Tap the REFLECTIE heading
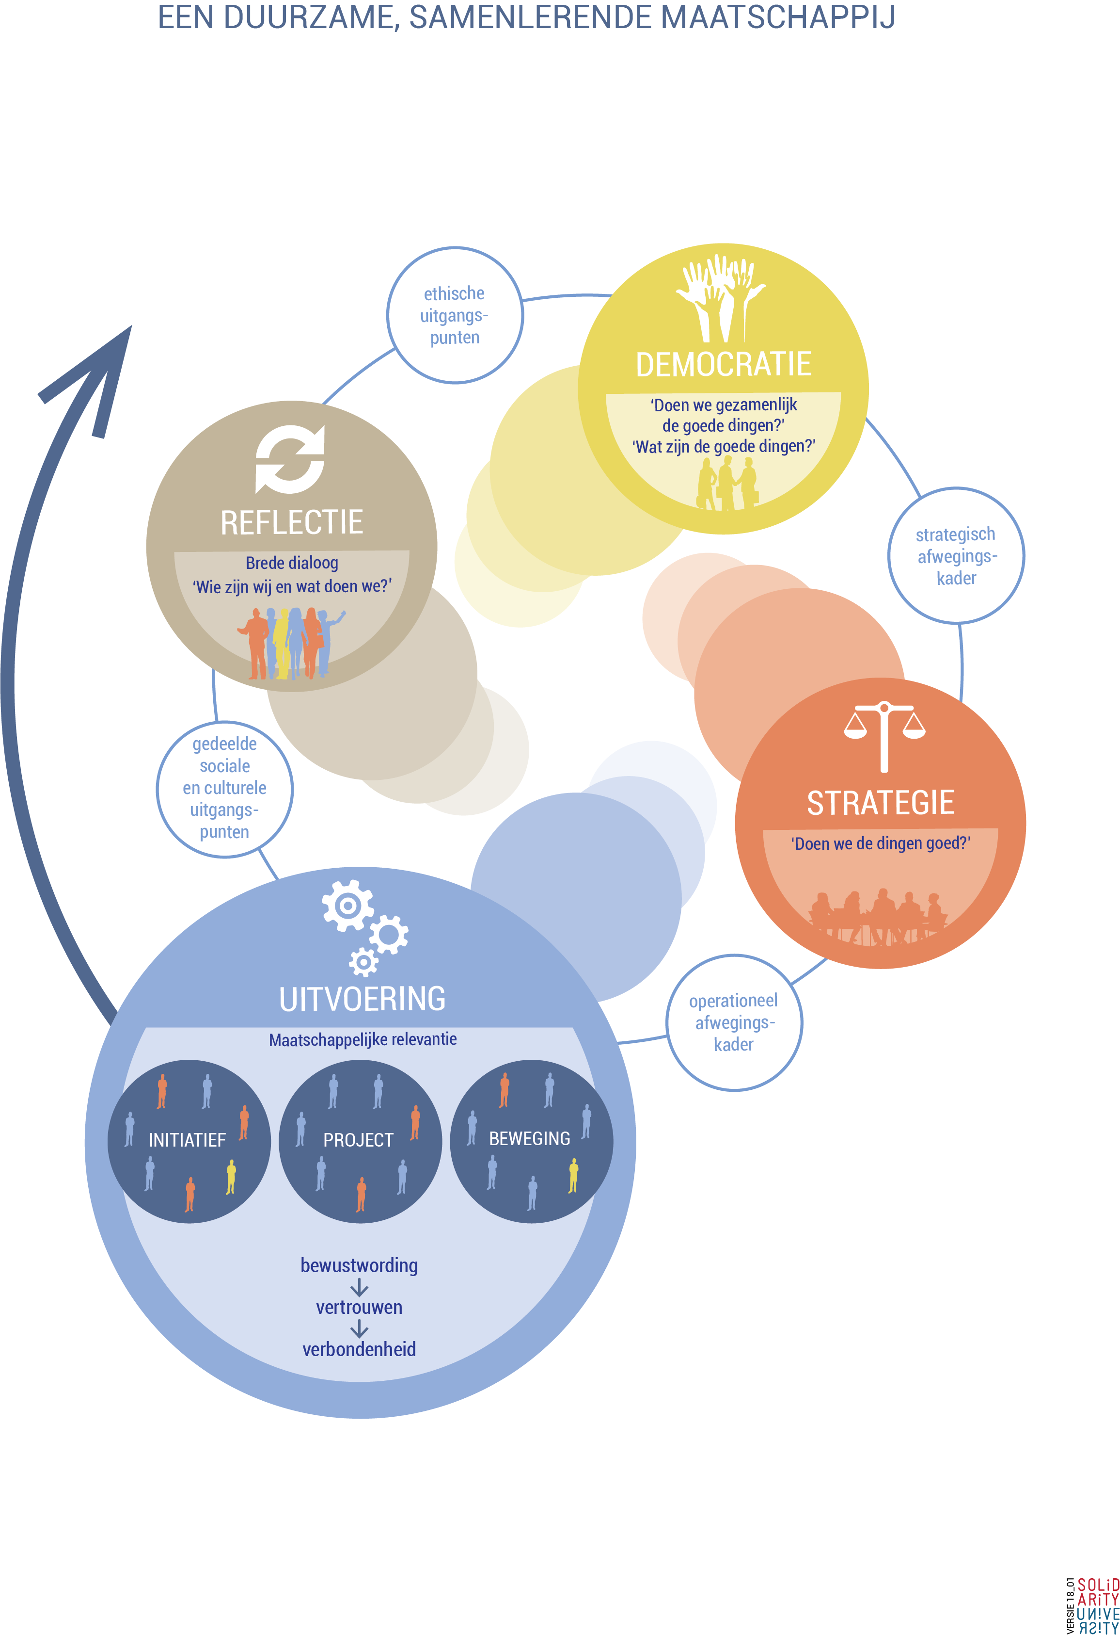[292, 523]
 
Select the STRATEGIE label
[880, 803]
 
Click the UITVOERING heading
[362, 999]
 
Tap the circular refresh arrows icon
[290, 459]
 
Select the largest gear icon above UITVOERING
[347, 906]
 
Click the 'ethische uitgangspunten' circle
[455, 315]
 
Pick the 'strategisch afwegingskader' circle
[956, 556]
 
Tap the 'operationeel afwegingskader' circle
[734, 1022]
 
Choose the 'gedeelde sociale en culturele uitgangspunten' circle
[224, 788]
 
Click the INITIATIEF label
[187, 1140]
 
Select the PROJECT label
[359, 1140]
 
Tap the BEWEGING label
[529, 1138]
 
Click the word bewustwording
[359, 1265]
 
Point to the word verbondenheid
[359, 1349]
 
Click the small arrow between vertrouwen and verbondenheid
[359, 1328]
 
